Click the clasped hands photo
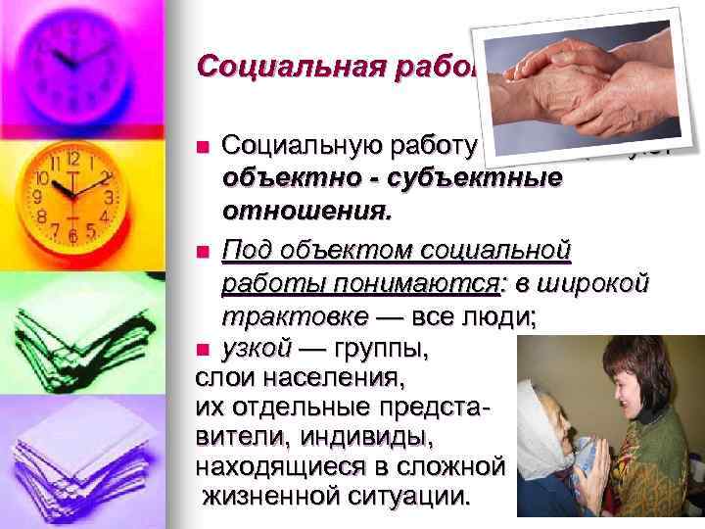(x=587, y=88)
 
